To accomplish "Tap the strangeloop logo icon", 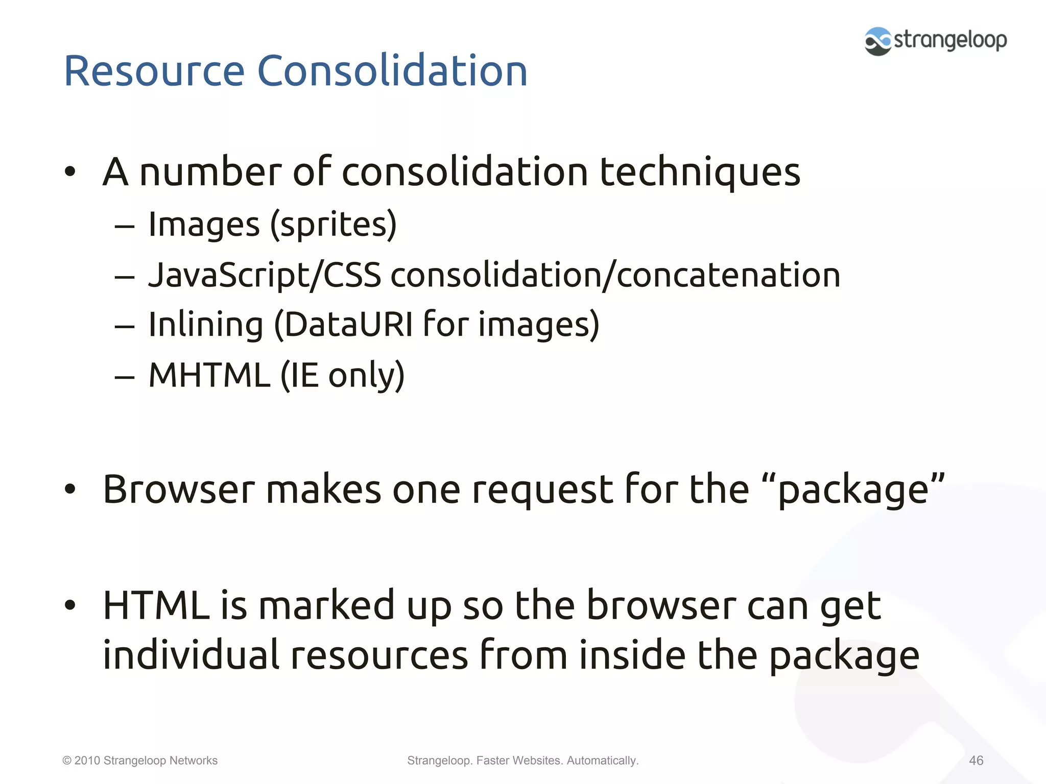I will tap(878, 41).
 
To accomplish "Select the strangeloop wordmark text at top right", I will tap(950, 40).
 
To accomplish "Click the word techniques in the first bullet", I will tap(700, 173).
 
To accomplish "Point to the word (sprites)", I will tap(334, 225).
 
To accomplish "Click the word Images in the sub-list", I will tap(204, 225).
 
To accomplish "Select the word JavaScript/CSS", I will tap(265, 276).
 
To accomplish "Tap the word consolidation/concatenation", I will tap(615, 276).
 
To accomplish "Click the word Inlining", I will tap(206, 325).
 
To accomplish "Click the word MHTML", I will tap(209, 375).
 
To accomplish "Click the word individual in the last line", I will tap(191, 655).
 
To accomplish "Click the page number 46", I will tap(976, 761).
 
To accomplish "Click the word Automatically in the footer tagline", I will tap(602, 761).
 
